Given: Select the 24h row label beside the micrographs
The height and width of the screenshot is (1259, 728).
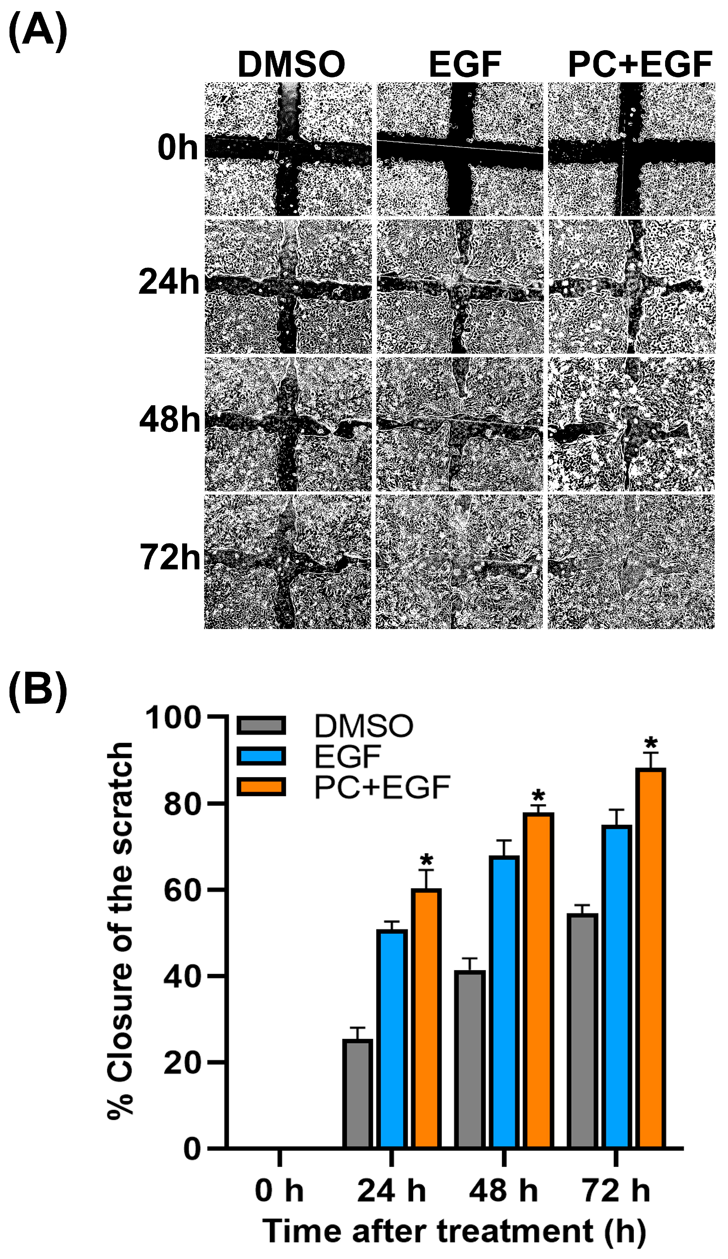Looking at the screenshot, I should tap(169, 282).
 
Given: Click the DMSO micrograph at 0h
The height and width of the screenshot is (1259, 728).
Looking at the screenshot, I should tap(288, 149).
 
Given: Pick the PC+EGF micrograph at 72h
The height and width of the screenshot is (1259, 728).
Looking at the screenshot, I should tap(631, 561).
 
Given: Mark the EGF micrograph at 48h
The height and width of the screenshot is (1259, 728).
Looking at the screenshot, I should tap(459, 424).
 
